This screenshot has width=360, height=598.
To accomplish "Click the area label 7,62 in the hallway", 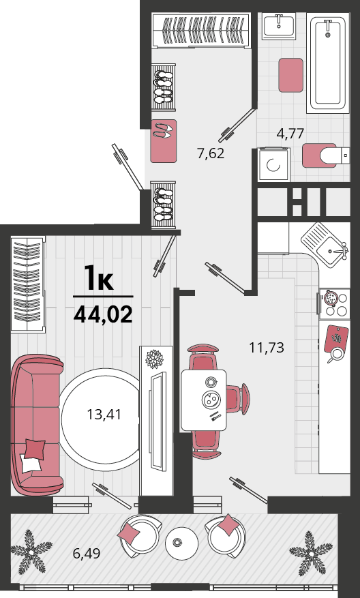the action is [x=211, y=153].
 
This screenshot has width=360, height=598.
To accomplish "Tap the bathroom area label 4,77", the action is [x=290, y=134].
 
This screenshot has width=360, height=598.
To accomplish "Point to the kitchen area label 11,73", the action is [x=267, y=348].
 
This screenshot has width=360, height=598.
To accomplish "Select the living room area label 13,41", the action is [x=104, y=414].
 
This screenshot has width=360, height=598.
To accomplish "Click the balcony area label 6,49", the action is [x=87, y=552].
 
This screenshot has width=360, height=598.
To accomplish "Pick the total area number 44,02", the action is [x=103, y=314].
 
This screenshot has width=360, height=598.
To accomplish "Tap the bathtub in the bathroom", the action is [x=328, y=63].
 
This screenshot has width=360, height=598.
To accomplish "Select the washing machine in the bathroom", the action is [x=274, y=164].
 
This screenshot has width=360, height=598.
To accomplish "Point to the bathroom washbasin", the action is [x=279, y=26].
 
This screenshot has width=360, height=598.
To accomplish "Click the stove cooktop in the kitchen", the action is [x=334, y=304].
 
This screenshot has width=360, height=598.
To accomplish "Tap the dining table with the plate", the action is [x=204, y=400].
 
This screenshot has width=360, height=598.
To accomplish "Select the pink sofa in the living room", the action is [x=37, y=425].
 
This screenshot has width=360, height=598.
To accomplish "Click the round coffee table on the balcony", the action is [x=181, y=543].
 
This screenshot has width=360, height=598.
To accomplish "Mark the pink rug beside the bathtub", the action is [x=290, y=75].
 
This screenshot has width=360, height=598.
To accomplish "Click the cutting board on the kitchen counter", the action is [x=336, y=338].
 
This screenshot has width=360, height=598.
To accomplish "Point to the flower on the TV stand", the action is [x=155, y=359].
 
